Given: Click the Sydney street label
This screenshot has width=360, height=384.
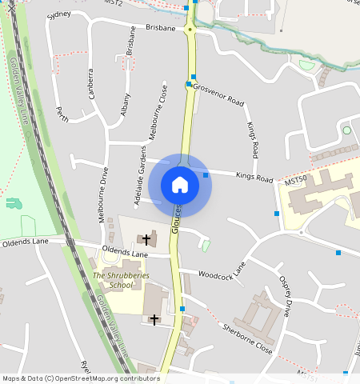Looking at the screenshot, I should [59, 14].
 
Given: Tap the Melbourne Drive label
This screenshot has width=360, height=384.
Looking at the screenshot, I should [103, 194].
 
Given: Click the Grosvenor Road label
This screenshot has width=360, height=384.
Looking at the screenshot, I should [218, 96].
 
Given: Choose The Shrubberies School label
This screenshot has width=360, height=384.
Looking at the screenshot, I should [121, 280].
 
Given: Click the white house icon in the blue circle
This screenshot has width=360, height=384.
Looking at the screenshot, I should [180, 185].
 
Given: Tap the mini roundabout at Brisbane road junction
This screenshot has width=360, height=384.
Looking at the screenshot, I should [190, 29].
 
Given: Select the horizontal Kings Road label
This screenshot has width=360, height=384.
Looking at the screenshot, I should [254, 177].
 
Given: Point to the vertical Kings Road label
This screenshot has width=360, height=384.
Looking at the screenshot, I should [254, 139].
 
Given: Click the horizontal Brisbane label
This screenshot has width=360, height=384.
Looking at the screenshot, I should [161, 27].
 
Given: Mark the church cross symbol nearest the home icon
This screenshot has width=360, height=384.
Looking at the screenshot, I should [146, 238].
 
